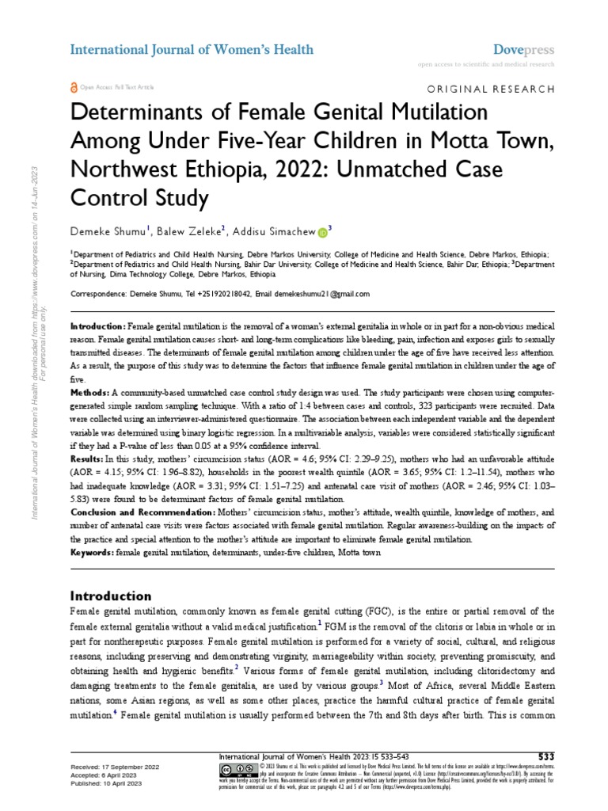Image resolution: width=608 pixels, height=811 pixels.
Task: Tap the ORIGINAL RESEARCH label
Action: [491, 89]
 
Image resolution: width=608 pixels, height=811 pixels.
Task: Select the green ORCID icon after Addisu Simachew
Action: [322, 233]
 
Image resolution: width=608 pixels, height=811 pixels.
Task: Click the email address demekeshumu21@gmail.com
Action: [325, 293]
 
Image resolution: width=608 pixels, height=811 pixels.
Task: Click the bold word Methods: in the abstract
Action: [89, 393]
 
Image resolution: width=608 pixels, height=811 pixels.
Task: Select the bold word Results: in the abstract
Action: [88, 459]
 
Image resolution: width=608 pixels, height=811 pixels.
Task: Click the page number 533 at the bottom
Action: [546, 755]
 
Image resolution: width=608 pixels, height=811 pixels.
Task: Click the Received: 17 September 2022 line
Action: [116, 767]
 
